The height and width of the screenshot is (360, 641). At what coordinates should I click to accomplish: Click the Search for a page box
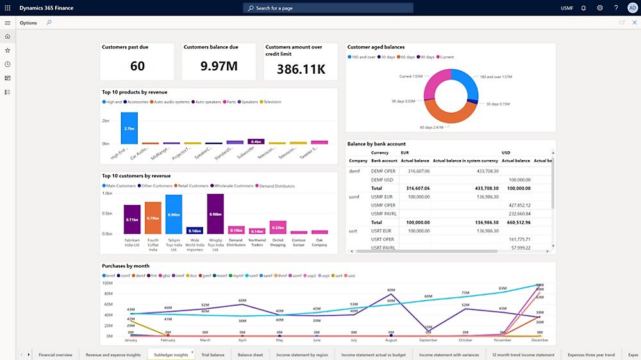coord(328,8)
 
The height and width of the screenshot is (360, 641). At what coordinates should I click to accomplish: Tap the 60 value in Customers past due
coord(137,66)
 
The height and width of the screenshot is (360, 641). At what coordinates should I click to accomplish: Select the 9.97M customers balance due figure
coord(219,66)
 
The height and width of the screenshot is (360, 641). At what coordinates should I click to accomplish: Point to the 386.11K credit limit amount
coord(301,69)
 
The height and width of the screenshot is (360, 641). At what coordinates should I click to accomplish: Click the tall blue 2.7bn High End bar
coord(129,128)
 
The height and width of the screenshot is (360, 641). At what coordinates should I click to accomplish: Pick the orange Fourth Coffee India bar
coord(153,218)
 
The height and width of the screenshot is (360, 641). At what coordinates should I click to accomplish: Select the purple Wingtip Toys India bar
coord(215,214)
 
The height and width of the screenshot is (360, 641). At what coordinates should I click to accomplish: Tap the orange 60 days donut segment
coord(443,113)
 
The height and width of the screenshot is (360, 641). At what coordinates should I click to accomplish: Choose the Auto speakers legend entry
coord(208,101)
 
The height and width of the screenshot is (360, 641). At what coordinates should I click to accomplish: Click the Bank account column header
coord(384,161)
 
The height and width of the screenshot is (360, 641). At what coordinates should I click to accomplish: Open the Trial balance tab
coord(213,354)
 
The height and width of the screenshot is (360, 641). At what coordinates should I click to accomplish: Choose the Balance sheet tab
coord(251,354)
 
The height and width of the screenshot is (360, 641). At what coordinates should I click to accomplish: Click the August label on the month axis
coord(391,340)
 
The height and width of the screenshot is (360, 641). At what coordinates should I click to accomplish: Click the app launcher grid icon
coord(7,8)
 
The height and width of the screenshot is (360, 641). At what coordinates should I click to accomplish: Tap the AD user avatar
coord(632,8)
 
